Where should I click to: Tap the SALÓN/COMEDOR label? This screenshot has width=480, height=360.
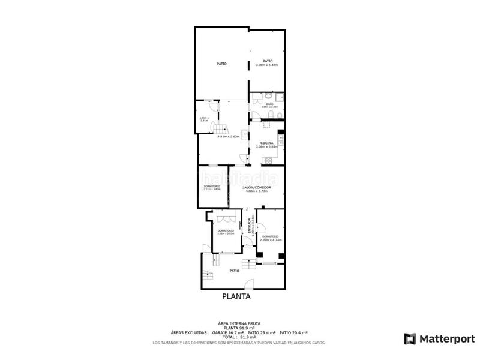[x=257, y=188]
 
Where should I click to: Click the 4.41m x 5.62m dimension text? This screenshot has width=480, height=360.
[x=229, y=136]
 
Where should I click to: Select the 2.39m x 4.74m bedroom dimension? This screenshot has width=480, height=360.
[x=271, y=240]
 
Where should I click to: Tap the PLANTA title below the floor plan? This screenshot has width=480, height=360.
[x=236, y=296]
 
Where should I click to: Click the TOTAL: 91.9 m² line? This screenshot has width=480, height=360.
[x=236, y=337]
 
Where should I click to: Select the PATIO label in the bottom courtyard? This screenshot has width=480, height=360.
[x=236, y=271]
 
